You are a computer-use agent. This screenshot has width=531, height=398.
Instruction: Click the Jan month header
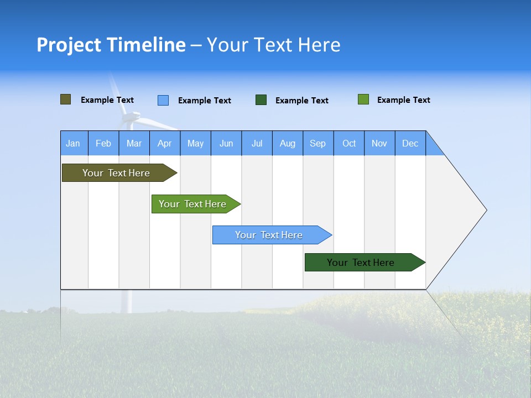[74, 143]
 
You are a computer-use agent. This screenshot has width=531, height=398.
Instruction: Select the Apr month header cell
[165, 143]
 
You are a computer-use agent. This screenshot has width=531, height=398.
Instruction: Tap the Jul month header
[257, 143]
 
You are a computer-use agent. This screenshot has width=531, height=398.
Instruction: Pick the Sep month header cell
[318, 143]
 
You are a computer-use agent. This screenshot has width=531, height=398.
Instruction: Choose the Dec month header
[410, 143]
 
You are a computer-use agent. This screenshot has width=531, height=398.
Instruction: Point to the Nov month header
[379, 143]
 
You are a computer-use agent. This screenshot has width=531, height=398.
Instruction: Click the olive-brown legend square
[66, 99]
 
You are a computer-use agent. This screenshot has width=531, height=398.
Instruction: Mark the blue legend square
[163, 100]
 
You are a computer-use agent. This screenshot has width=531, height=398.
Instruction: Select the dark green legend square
[261, 100]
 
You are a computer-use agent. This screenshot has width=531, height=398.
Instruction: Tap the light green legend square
[363, 99]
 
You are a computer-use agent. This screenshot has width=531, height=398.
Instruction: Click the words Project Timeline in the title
[111, 45]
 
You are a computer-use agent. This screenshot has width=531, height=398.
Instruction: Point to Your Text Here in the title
[273, 45]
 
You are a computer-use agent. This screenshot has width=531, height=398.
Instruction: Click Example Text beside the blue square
[204, 101]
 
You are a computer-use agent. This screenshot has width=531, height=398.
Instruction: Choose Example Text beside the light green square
[403, 100]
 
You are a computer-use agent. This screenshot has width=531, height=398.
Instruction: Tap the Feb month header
[103, 143]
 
